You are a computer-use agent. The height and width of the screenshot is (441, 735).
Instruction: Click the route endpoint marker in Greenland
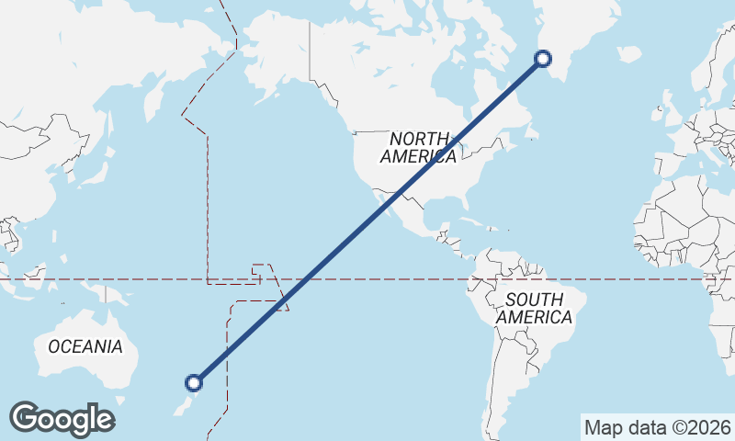pyautogui.click(x=543, y=59)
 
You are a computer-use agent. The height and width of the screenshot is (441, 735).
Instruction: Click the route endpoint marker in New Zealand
pyautogui.click(x=194, y=383)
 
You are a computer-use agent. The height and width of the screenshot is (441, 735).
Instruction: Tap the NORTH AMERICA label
pyautogui.click(x=419, y=147)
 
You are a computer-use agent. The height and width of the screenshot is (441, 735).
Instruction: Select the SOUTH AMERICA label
pyautogui.click(x=534, y=308)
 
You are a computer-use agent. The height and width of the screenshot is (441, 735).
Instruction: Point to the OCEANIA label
pyautogui.click(x=85, y=346)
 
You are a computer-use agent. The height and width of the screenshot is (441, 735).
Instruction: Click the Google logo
pyautogui.click(x=62, y=419)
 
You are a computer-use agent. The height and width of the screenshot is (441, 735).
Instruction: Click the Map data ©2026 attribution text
pyautogui.click(x=658, y=427)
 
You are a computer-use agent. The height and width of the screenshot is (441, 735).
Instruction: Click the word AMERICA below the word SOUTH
pyautogui.click(x=534, y=318)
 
